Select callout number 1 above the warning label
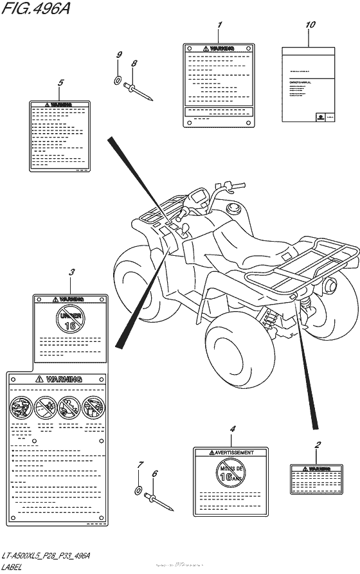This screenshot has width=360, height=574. [219, 25]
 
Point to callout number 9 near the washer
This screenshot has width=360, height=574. [119, 55]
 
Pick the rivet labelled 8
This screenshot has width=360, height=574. [139, 90]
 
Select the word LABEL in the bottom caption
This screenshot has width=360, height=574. [13, 566]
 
